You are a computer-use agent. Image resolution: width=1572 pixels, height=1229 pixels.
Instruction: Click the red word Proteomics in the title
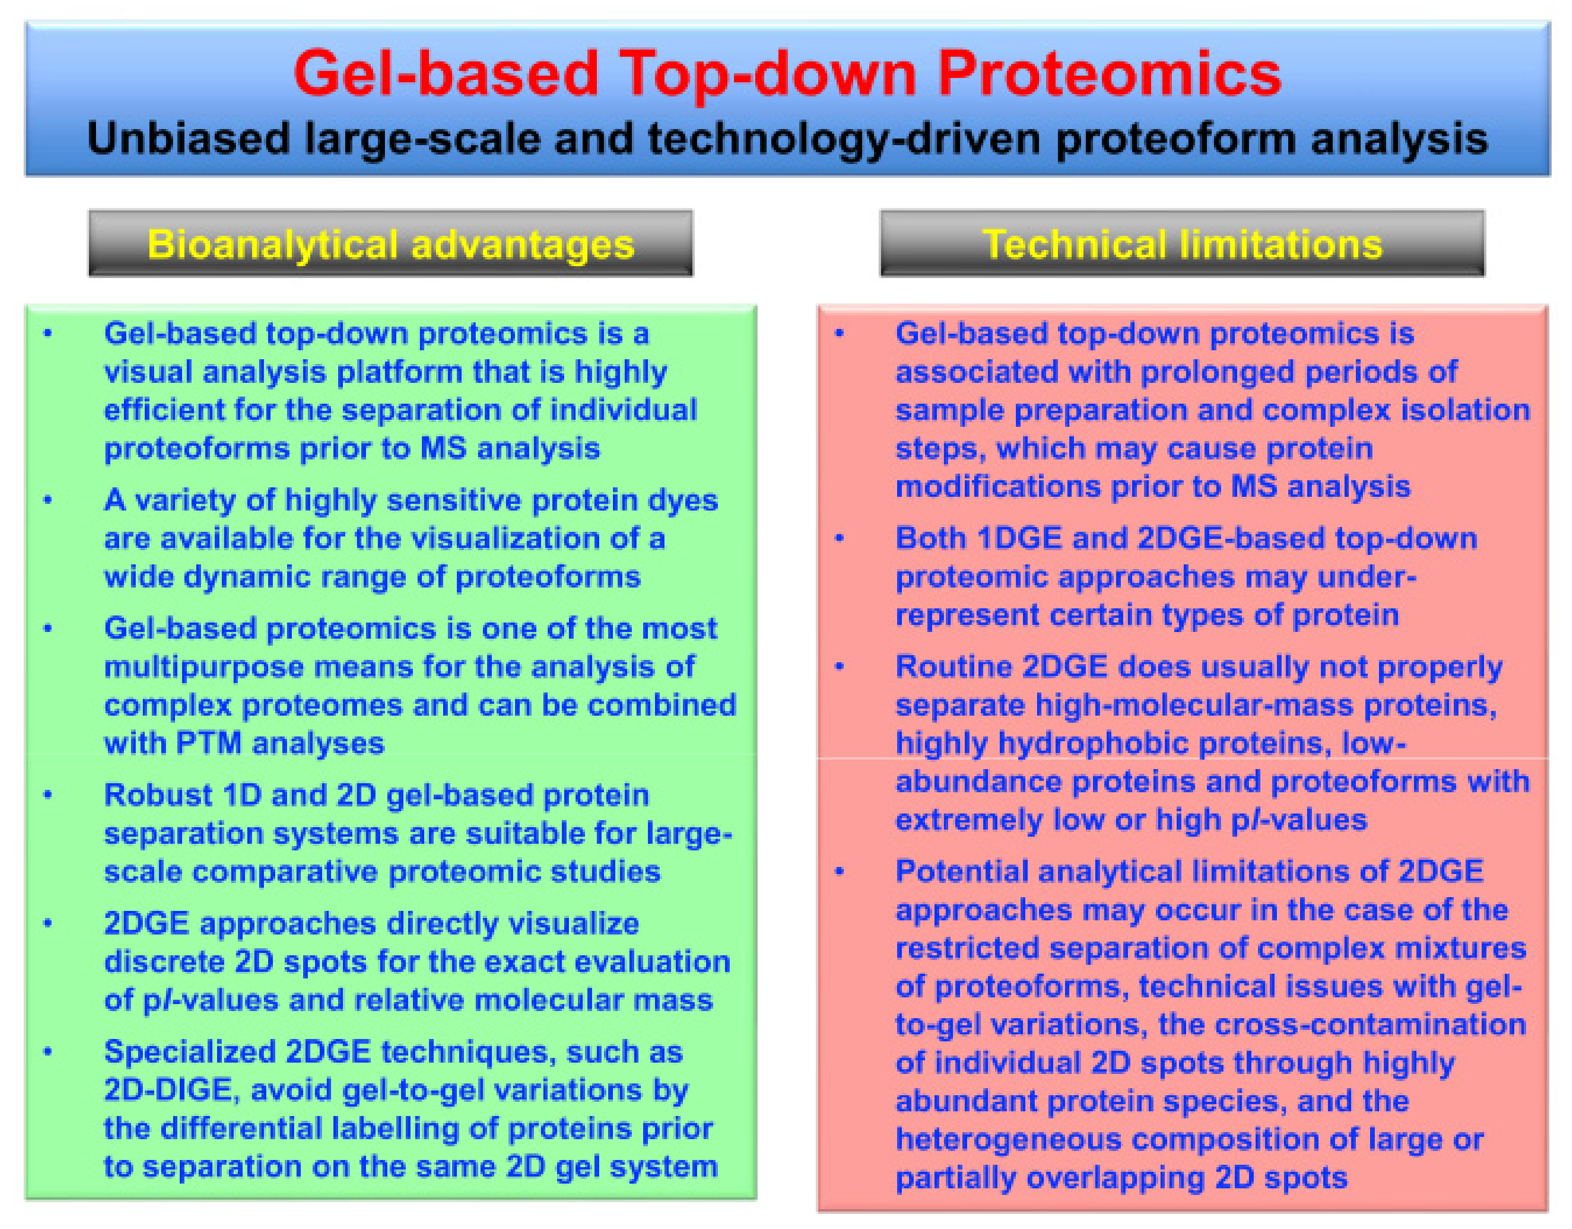pyautogui.click(x=1109, y=74)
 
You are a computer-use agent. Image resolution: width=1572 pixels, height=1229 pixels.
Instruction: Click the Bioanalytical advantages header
pyautogui.click(x=391, y=244)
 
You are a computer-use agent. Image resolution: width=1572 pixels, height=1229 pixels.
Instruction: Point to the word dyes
pyautogui.click(x=682, y=500)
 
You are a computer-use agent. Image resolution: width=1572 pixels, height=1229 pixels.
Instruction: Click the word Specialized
pyautogui.click(x=189, y=1053)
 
